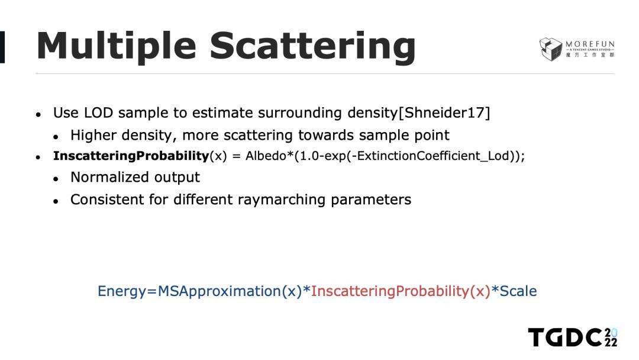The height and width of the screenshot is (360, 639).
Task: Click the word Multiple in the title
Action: [x=117, y=47]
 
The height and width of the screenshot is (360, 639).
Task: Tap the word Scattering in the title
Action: [x=312, y=47]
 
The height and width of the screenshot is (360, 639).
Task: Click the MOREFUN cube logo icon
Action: [x=551, y=49]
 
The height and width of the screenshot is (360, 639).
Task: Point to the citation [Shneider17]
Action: [x=444, y=112]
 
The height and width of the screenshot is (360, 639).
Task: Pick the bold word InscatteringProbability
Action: [x=131, y=156]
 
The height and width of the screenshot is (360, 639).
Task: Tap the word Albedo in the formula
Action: [x=266, y=156]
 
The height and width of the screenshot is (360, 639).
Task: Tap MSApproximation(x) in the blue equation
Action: [x=230, y=291]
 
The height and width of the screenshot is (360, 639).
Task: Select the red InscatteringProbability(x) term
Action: [x=401, y=291]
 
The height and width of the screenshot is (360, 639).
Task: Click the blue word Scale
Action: [x=518, y=291]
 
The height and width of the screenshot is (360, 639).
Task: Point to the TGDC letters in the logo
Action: [x=565, y=337]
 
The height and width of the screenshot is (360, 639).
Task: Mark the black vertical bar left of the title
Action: [x=2, y=47]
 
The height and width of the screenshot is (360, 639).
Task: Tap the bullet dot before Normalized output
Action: [x=56, y=179]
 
